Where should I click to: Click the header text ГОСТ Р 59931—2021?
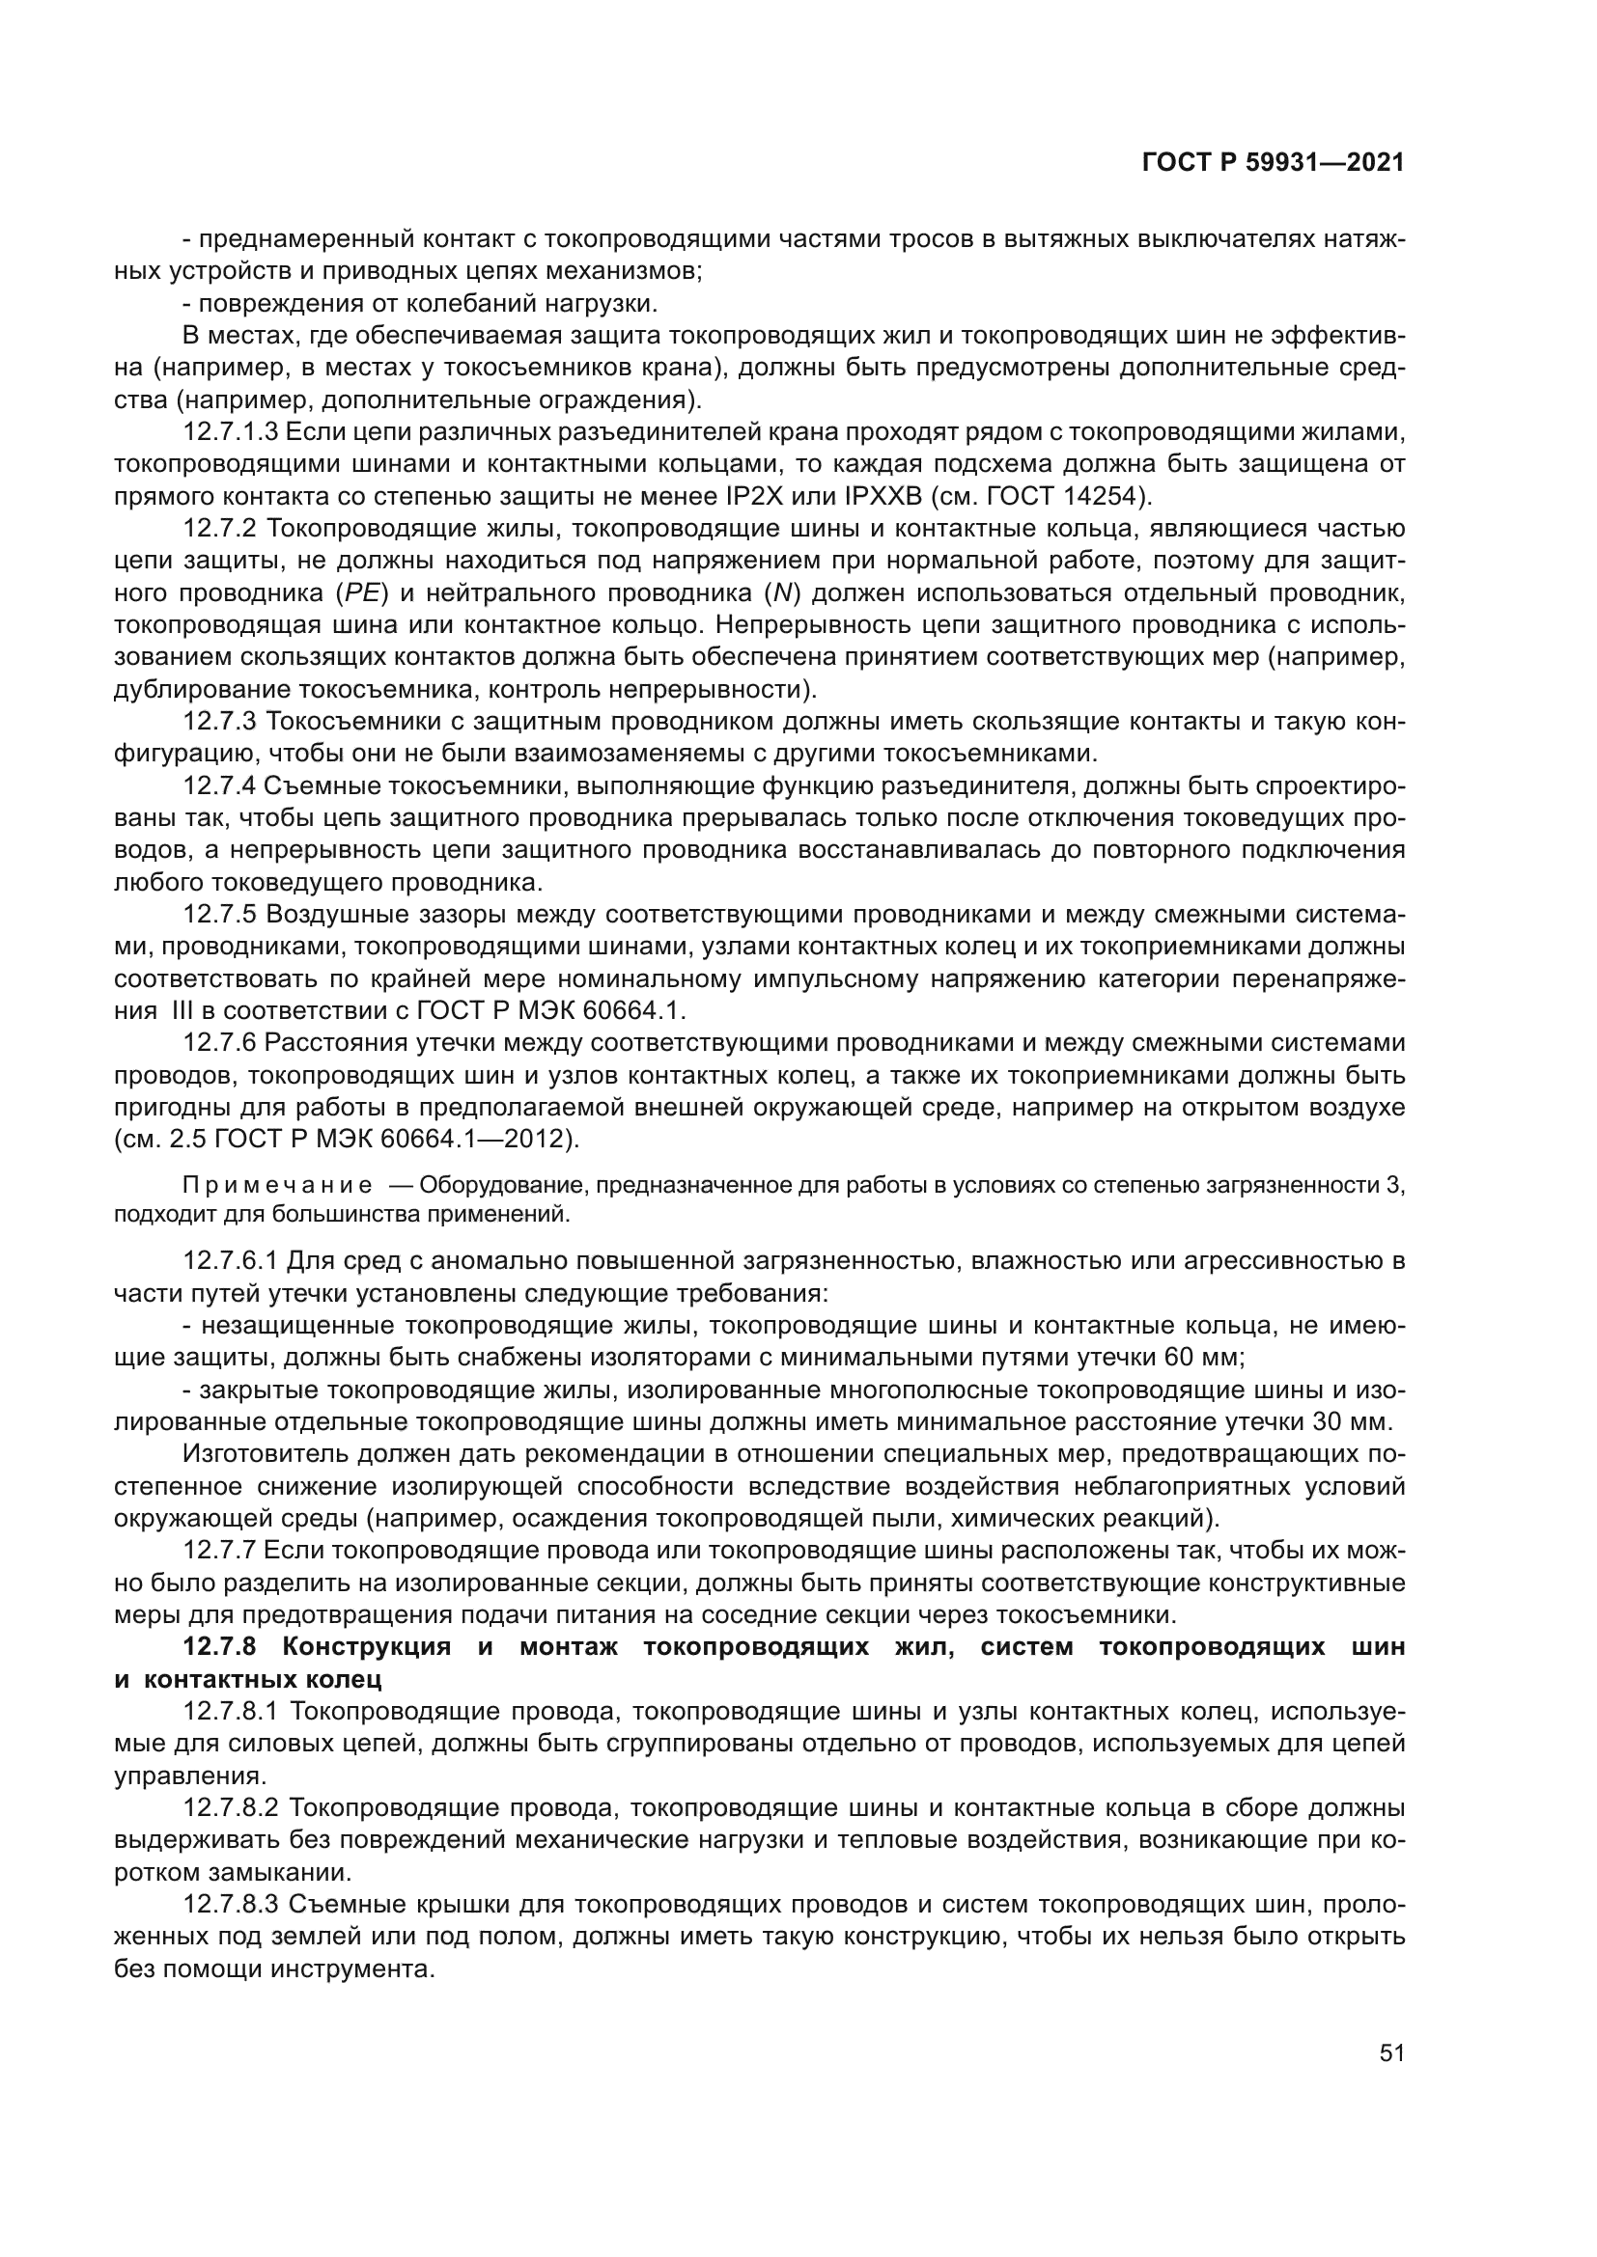click(x=1273, y=163)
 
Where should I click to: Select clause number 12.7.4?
click(x=220, y=786)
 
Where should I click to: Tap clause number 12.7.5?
click(x=220, y=915)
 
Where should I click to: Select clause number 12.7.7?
click(x=220, y=1551)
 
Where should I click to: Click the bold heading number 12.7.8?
click(x=220, y=1646)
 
